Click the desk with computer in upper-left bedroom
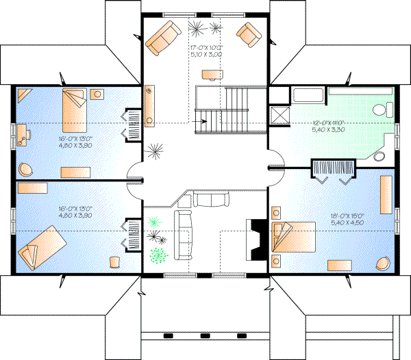(24, 134)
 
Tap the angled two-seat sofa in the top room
(162, 37)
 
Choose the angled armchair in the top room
(249, 35)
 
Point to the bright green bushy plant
(159, 256)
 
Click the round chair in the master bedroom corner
(383, 263)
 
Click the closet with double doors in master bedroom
(332, 169)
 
